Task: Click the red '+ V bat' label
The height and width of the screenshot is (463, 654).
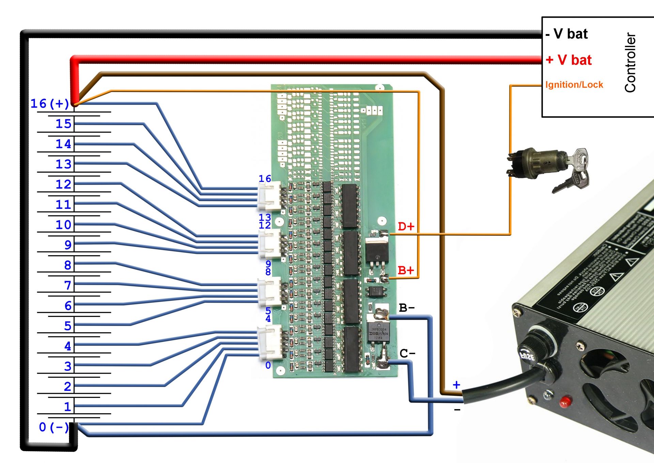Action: tap(569, 60)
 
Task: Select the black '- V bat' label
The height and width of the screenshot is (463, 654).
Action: tap(567, 34)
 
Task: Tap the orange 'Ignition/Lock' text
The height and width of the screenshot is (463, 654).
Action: tap(574, 85)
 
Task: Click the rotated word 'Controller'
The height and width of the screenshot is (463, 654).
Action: tap(630, 62)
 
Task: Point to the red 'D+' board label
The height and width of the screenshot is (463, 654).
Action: tap(406, 227)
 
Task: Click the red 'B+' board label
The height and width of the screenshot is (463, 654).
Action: tap(406, 271)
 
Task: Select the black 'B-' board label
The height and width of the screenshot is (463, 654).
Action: tap(407, 308)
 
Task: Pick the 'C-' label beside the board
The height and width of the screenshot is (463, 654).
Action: tap(407, 353)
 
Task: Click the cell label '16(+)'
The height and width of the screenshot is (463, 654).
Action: tap(50, 104)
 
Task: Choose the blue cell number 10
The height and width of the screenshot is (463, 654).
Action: tap(63, 225)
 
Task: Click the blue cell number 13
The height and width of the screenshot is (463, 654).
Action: tap(63, 164)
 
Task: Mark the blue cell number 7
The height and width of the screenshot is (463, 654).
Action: tap(68, 285)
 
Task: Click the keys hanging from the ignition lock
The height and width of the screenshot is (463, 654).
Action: tap(576, 171)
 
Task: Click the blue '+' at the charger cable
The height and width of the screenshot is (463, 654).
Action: tap(456, 385)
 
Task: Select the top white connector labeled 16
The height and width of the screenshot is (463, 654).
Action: tap(269, 196)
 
